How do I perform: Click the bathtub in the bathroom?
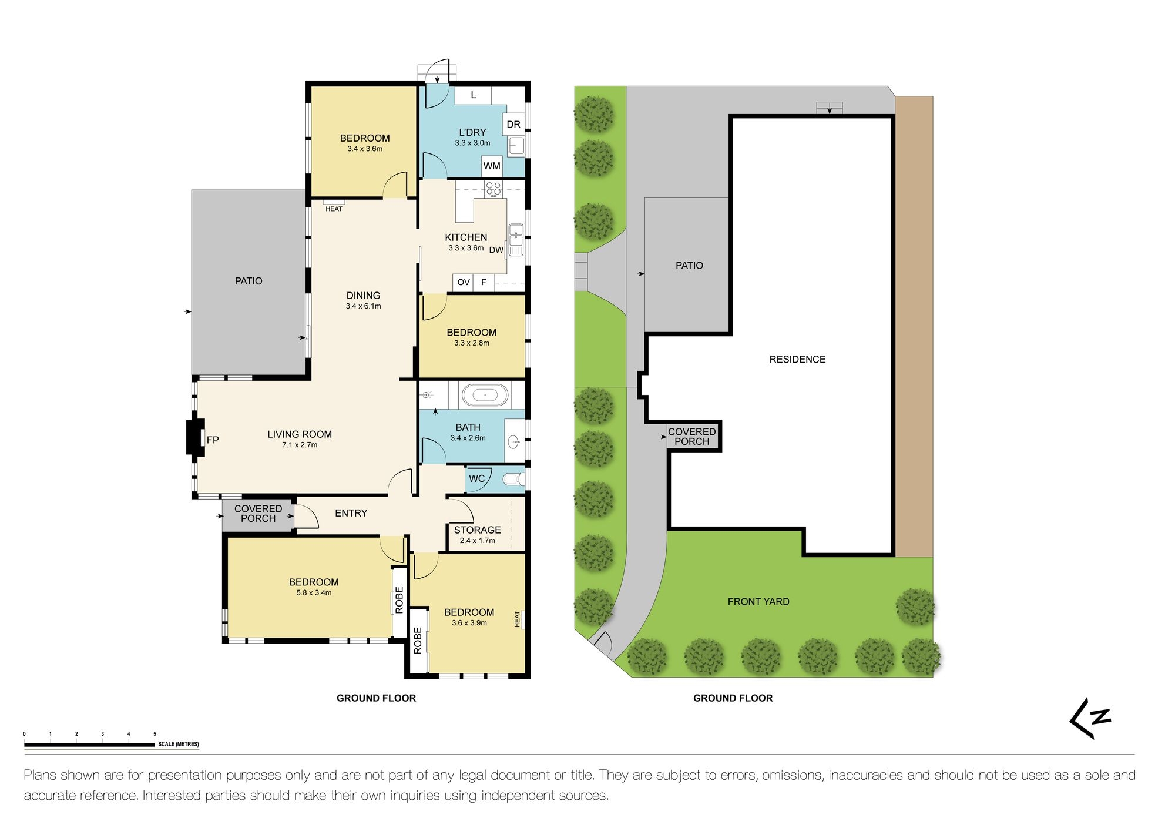pyautogui.click(x=485, y=395)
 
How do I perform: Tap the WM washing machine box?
pyautogui.click(x=492, y=166)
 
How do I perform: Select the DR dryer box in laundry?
pyautogui.click(x=513, y=124)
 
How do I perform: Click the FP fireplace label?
pyautogui.click(x=213, y=440)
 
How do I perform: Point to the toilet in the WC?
pyautogui.click(x=515, y=479)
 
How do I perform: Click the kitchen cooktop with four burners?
pyautogui.click(x=493, y=189)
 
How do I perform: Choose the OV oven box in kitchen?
pyautogui.click(x=464, y=282)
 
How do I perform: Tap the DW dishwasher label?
pyautogui.click(x=496, y=250)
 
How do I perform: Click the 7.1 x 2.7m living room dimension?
pyautogui.click(x=300, y=445)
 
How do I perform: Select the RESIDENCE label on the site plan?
pyautogui.click(x=797, y=359)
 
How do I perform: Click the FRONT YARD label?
pyautogui.click(x=758, y=601)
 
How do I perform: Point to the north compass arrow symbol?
pyautogui.click(x=1090, y=718)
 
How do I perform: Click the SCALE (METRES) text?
pyautogui.click(x=179, y=744)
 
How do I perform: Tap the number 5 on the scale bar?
pyautogui.click(x=155, y=734)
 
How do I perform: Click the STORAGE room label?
pyautogui.click(x=477, y=530)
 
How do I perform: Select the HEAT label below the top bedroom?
pyautogui.click(x=334, y=209)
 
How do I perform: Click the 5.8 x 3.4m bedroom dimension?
pyautogui.click(x=314, y=592)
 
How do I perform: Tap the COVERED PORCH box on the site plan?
pyautogui.click(x=692, y=436)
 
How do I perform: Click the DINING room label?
pyautogui.click(x=363, y=295)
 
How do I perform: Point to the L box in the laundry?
pyautogui.click(x=473, y=95)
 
